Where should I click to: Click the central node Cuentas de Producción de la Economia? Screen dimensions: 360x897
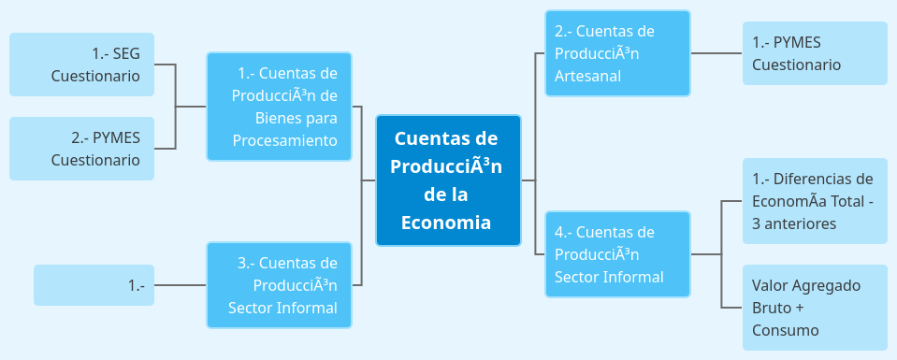(x=448, y=180)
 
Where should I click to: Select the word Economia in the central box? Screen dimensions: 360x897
(x=446, y=223)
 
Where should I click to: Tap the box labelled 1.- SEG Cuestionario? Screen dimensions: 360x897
(x=81, y=65)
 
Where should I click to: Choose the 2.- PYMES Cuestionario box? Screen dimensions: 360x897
(x=81, y=149)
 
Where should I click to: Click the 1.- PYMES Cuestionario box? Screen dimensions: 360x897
(x=815, y=53)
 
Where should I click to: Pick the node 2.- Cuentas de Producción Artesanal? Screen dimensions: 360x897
(x=617, y=53)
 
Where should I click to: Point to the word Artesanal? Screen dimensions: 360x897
(x=587, y=76)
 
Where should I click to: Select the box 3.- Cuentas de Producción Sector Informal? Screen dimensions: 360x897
(x=280, y=285)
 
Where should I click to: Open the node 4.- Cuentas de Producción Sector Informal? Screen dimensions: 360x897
(x=617, y=254)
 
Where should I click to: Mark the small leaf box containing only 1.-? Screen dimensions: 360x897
(x=94, y=285)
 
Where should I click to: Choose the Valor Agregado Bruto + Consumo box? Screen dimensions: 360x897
(x=815, y=308)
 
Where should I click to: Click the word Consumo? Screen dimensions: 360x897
(x=786, y=330)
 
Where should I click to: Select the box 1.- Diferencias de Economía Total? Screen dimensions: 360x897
(x=815, y=201)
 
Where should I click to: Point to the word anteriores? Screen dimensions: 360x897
(x=801, y=223)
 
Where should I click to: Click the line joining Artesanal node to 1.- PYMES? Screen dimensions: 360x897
(x=716, y=53)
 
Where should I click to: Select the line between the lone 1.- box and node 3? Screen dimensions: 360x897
(x=180, y=285)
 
